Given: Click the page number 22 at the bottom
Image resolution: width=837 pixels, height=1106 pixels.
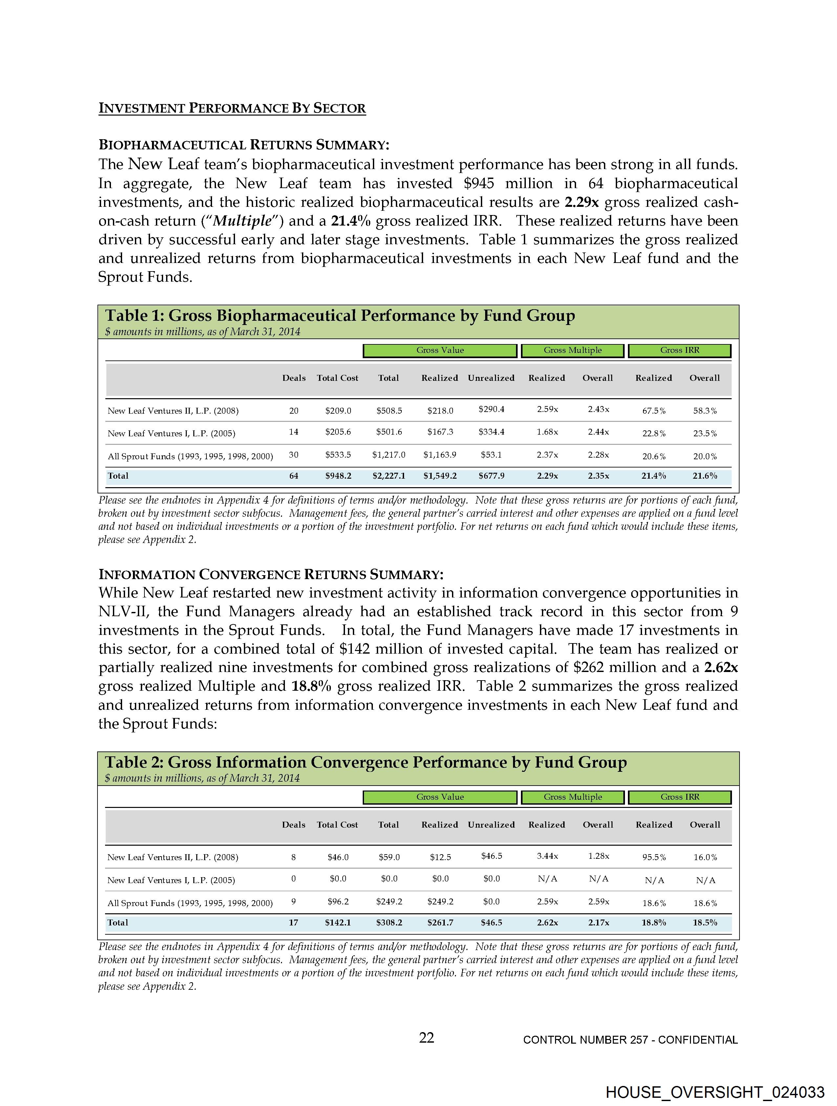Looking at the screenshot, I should coord(426,1038).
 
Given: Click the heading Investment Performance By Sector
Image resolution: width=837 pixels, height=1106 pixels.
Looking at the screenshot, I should coord(232,108).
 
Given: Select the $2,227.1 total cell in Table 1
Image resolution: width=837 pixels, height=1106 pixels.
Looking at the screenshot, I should coord(389,475).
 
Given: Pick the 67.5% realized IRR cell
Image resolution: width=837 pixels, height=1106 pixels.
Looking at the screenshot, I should coord(654,410).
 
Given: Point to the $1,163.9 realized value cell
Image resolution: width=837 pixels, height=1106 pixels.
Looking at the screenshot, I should coord(440,454).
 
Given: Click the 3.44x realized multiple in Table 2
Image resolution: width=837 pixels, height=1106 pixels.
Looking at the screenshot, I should coord(547,856).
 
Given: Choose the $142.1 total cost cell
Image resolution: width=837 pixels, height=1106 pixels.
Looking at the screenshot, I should coord(338,922).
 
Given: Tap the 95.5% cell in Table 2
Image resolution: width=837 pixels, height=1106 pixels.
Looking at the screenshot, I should coord(654,857).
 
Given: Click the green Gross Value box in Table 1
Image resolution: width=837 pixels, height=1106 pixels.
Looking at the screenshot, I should coord(440,351).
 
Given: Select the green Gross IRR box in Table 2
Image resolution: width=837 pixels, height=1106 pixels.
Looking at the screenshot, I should coord(679,797).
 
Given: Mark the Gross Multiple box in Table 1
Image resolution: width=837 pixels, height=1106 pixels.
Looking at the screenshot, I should coord(572,351).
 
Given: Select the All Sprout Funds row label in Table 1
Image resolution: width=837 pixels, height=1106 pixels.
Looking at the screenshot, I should coord(190,456).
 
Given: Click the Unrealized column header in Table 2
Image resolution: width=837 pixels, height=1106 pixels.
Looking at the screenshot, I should coord(491,825).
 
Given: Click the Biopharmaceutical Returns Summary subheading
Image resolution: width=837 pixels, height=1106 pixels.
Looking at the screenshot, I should coord(244,145).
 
